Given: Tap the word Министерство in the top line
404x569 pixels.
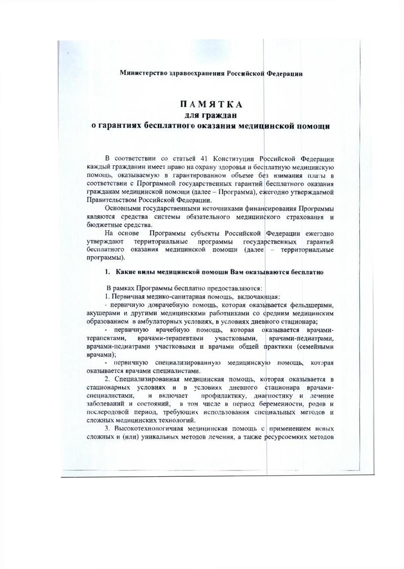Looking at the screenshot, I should tap(142, 73).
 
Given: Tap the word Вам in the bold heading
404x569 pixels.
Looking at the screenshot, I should tap(245, 271).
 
